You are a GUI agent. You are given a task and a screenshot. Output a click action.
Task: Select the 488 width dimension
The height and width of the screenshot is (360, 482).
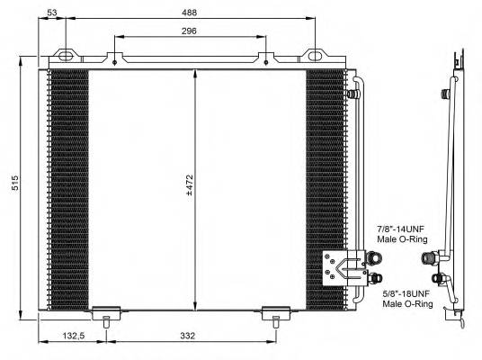[186, 13]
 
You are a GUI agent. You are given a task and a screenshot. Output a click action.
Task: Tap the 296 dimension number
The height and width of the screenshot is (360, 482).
[187, 31]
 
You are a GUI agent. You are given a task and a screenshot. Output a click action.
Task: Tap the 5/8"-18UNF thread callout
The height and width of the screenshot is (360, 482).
[406, 294]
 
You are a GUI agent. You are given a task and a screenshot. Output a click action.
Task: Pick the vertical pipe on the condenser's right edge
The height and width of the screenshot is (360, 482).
[358, 162]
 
